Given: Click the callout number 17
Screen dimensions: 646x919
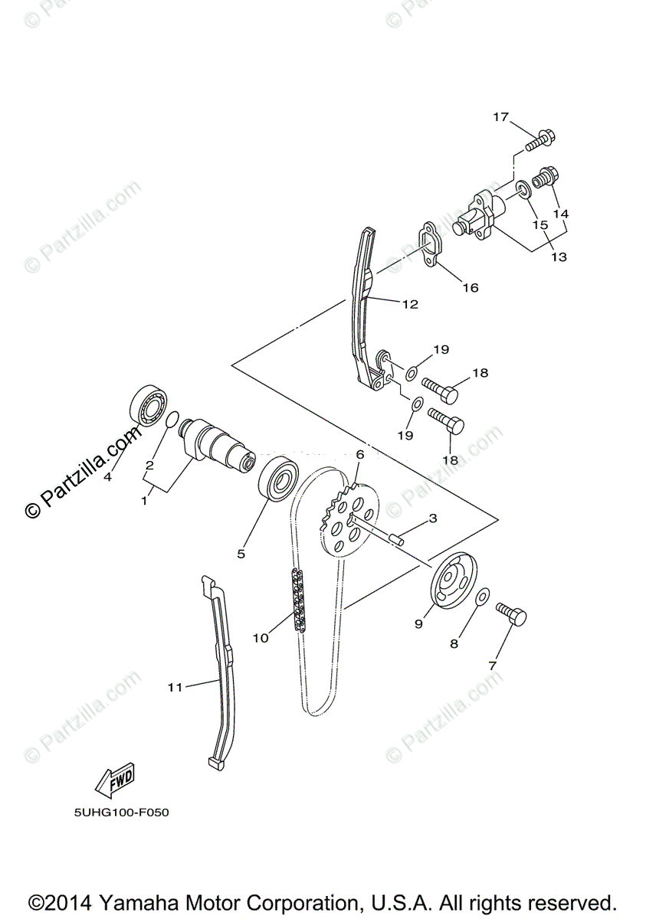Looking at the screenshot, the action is tap(500, 117).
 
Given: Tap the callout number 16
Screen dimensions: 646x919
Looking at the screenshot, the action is tap(470, 288).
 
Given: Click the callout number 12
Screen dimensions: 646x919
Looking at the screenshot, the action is tap(410, 304).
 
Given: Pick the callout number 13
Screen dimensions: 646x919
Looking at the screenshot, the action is tap(559, 257).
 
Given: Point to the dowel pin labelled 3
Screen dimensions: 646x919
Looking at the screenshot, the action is tap(394, 536).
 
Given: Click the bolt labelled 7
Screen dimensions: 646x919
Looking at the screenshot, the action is tap(512, 613).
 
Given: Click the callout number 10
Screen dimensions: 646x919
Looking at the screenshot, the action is tap(261, 637).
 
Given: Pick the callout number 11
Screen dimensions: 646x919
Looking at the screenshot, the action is tap(175, 687).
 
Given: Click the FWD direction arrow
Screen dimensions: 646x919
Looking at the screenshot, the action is tap(114, 779).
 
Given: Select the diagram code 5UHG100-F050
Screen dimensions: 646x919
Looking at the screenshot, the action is tap(117, 813).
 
